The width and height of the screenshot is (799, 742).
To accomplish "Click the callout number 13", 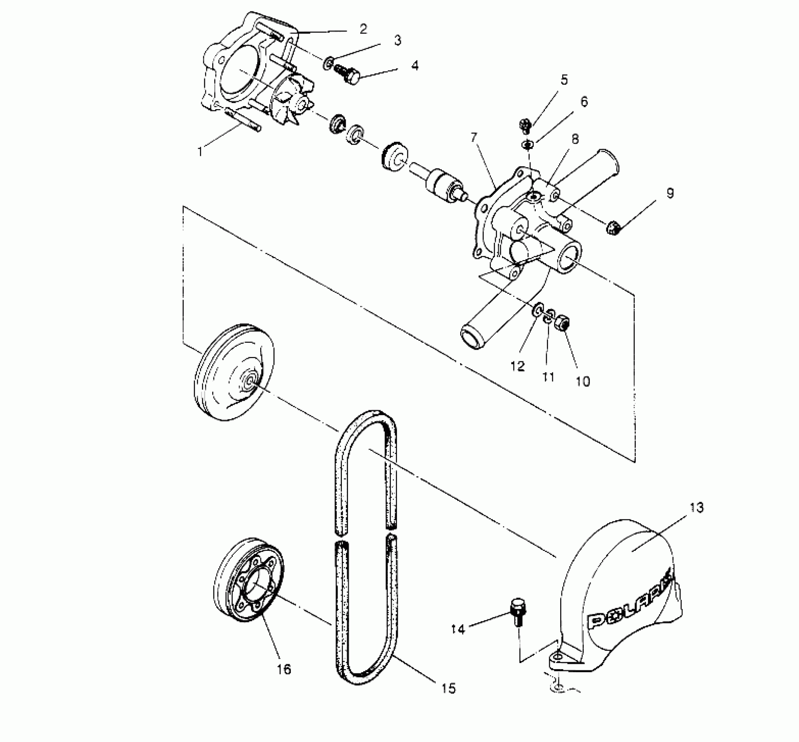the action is (697, 508).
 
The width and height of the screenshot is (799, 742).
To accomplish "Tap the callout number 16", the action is (284, 669).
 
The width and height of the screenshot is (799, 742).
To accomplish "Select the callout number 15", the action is (448, 688).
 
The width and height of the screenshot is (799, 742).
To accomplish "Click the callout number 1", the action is (200, 151).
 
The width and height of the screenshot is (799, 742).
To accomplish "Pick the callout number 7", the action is (474, 138).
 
